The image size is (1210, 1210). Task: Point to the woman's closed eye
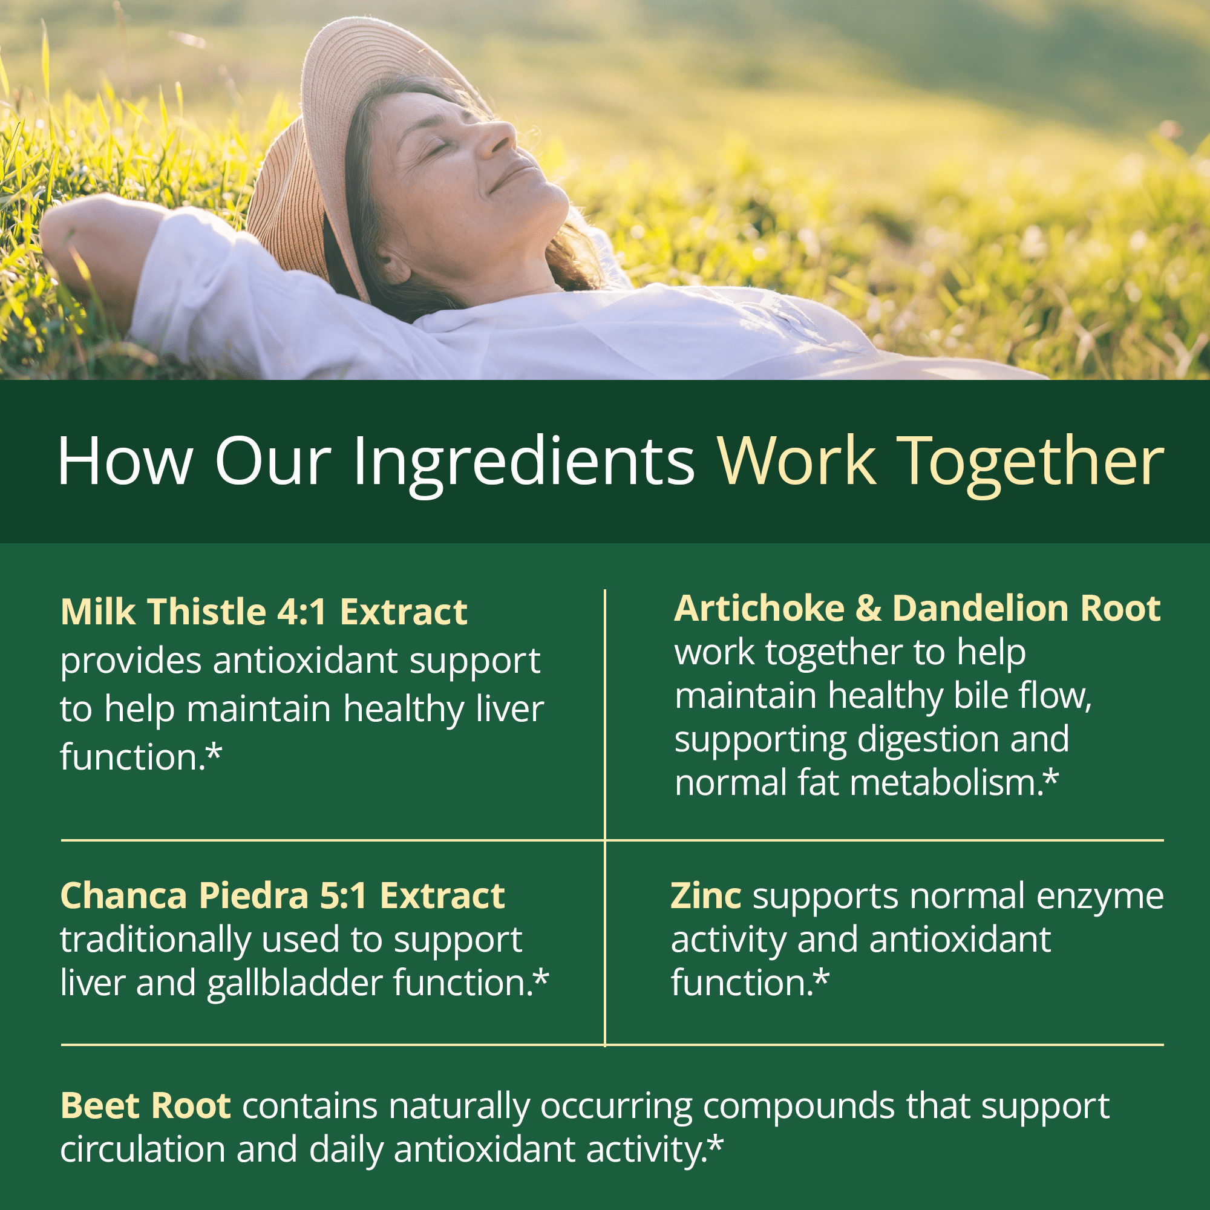(x=439, y=148)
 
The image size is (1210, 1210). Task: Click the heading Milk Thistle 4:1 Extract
(x=264, y=612)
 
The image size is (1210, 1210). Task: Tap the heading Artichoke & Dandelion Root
(x=918, y=609)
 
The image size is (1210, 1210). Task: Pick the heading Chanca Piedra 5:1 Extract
(x=283, y=896)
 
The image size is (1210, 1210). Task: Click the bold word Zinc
(x=706, y=896)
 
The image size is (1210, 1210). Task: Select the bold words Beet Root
(x=146, y=1106)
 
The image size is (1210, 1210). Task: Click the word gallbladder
(x=295, y=983)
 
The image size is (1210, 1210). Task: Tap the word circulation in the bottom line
(x=143, y=1150)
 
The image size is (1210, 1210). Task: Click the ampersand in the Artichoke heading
(x=869, y=609)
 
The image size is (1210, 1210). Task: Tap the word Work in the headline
(x=797, y=462)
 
